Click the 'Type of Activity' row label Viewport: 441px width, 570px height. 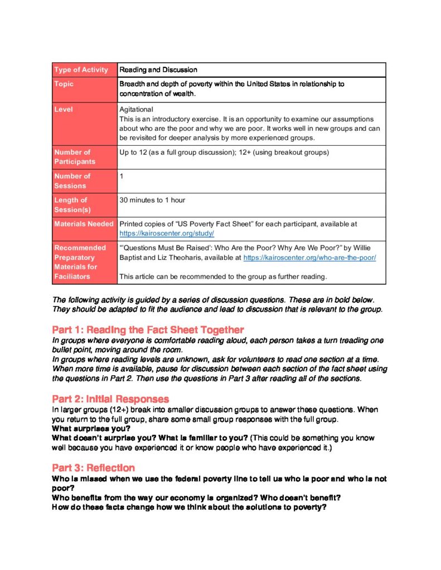click(x=81, y=70)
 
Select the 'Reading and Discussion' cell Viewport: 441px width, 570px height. click(x=158, y=70)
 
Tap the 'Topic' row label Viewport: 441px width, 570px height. click(x=64, y=84)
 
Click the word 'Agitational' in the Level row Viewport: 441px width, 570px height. click(x=136, y=110)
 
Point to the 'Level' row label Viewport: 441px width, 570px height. click(x=64, y=110)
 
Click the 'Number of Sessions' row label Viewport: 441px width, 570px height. click(x=72, y=181)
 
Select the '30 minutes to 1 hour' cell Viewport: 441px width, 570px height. click(x=152, y=200)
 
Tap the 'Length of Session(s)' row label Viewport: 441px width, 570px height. click(x=72, y=205)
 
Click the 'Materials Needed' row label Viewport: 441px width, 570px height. click(x=84, y=224)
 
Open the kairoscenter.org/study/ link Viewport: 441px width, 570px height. click(x=167, y=234)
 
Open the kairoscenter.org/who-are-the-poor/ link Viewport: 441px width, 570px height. click(x=309, y=258)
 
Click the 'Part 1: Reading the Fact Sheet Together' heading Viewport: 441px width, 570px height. click(x=148, y=330)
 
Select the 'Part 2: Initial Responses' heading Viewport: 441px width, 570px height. click(x=110, y=399)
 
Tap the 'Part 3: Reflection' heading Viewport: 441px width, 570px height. click(x=93, y=468)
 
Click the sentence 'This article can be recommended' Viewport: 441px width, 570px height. click(x=222, y=277)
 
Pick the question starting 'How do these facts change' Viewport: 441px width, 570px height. click(x=188, y=507)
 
